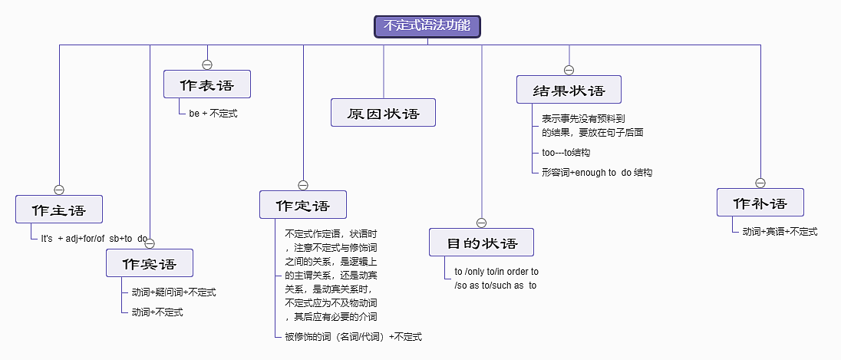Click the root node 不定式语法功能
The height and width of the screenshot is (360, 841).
coord(427,25)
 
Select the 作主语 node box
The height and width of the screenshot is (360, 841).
coord(59,210)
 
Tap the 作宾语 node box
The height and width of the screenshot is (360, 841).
coord(150,263)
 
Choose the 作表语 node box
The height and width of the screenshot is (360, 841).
coord(207,84)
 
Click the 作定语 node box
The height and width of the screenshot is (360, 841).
coord(303,205)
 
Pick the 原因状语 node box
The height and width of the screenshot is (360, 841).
coord(384,113)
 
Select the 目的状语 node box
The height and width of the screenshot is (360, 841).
coord(481,243)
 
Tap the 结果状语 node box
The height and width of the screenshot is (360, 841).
coord(569,90)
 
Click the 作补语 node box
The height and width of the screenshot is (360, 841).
coord(760,203)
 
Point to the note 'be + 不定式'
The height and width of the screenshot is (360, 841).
coord(213,114)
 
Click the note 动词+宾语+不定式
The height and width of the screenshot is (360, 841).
coord(780,231)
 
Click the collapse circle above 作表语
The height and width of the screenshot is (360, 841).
coord(207,64)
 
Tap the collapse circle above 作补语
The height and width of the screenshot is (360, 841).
coord(760,183)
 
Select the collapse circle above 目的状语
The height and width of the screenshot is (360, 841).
coord(481,223)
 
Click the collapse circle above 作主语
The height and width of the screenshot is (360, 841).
coord(59,190)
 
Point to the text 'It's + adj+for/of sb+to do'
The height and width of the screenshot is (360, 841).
coord(94,239)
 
